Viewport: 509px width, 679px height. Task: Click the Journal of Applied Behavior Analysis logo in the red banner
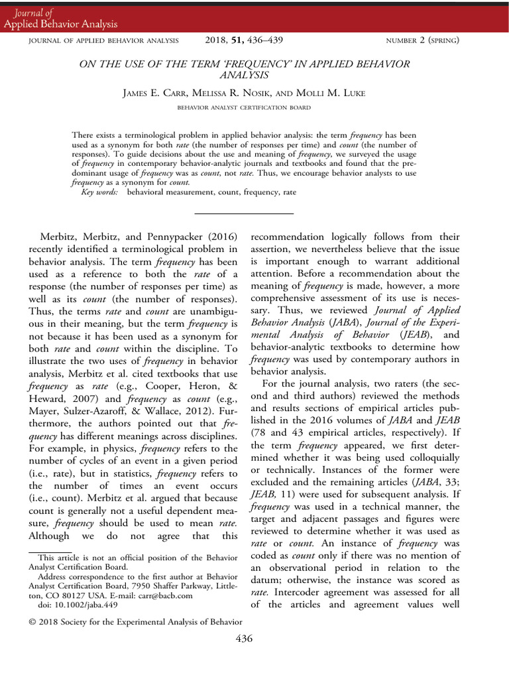click(60, 19)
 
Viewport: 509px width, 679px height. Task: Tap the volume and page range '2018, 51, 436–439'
click(245, 40)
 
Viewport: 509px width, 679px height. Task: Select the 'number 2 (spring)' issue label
click(422, 41)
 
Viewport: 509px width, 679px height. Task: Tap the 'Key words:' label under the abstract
click(100, 192)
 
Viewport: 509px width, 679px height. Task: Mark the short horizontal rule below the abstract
click(244, 214)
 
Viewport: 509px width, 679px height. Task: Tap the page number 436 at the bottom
click(244, 639)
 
